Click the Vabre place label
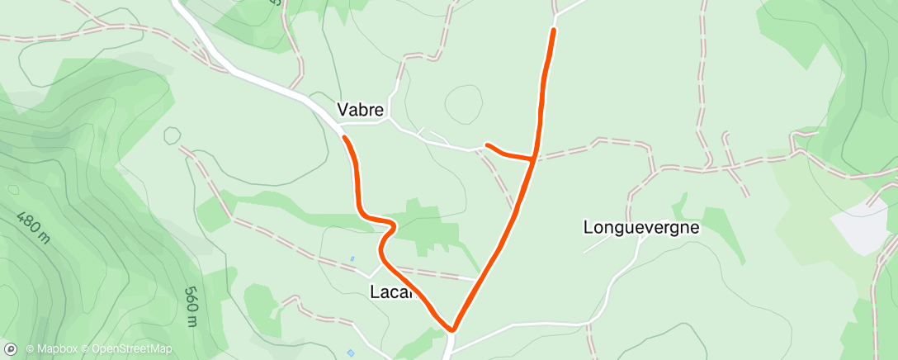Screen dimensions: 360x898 click(x=362, y=109)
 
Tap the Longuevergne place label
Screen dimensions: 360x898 click(x=641, y=226)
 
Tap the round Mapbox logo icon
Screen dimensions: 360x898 click(x=11, y=349)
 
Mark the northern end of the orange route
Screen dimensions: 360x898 click(x=553, y=30)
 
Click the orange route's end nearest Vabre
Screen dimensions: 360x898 click(x=343, y=137)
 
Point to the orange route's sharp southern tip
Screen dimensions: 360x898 click(x=451, y=329)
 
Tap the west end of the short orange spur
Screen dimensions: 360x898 click(x=486, y=145)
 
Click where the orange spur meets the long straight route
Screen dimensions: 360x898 click(x=534, y=158)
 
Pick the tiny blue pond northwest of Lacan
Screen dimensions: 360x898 click(x=352, y=259)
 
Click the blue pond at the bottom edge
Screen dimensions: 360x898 click(x=351, y=353)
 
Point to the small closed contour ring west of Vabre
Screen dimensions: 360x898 click(x=172, y=135)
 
